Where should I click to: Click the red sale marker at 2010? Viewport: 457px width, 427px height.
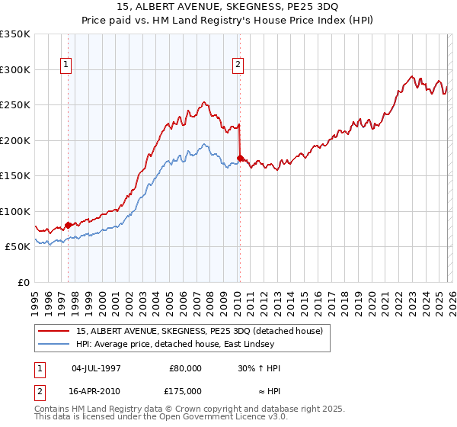pyautogui.click(x=241, y=159)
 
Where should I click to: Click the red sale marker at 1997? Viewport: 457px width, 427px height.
pyautogui.click(x=68, y=225)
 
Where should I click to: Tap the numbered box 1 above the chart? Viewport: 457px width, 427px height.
pyautogui.click(x=67, y=66)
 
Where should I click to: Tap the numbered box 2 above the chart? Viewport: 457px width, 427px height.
pyautogui.click(x=238, y=66)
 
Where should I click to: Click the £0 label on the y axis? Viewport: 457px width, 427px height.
pyautogui.click(x=23, y=282)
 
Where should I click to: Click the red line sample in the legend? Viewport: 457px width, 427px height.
pyautogui.click(x=54, y=331)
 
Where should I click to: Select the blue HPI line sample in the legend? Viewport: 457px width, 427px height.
pyautogui.click(x=54, y=344)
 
